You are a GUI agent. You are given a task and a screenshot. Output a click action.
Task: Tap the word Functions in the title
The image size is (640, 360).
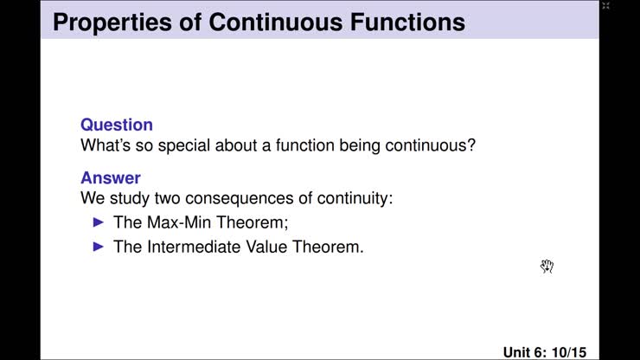[406, 21]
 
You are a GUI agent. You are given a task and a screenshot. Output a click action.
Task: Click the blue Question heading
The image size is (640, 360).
[117, 125]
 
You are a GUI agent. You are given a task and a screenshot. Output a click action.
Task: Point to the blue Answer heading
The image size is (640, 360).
[111, 178]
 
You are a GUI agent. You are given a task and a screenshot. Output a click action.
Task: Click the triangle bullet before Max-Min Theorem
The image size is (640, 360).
[97, 222]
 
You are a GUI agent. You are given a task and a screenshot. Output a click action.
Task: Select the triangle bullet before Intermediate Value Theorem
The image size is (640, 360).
[97, 247]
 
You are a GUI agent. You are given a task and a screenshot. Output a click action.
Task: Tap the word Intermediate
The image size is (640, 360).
[194, 247]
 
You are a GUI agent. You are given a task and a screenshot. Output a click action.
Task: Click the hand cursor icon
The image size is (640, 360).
[547, 266]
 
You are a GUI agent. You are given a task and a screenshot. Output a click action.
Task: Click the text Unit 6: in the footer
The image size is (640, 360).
[525, 352]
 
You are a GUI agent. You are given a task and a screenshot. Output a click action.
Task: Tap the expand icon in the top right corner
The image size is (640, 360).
[605, 6]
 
